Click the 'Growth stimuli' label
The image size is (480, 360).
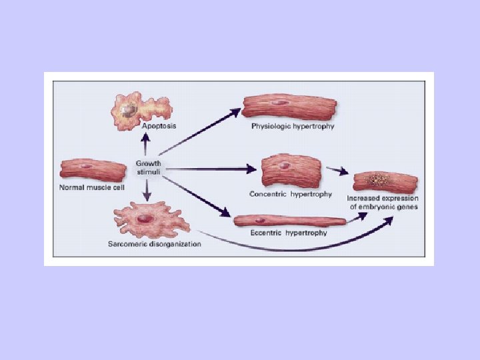click(148, 167)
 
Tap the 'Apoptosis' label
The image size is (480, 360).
click(158, 126)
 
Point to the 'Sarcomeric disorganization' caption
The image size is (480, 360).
click(154, 244)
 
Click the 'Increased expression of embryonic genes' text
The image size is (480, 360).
click(383, 203)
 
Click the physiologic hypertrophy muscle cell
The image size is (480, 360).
click(289, 106)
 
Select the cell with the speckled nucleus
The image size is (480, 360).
click(385, 181)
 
